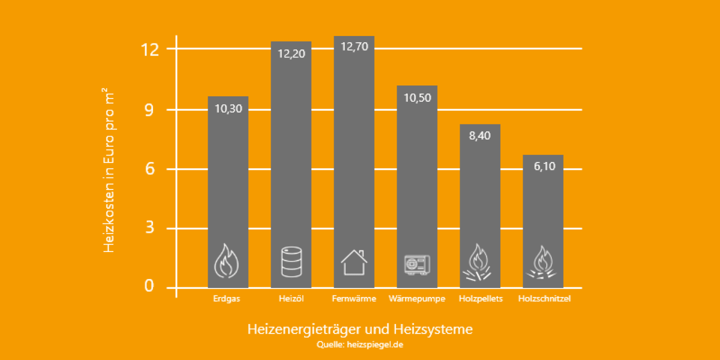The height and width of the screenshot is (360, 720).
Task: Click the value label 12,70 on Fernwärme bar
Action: tap(354, 47)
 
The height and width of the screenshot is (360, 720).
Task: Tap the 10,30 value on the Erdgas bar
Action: tap(228, 109)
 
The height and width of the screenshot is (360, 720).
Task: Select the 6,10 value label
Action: tap(544, 166)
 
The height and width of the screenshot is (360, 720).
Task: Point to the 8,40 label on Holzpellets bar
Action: tap(480, 136)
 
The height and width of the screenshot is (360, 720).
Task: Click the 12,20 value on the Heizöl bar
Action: tap(291, 54)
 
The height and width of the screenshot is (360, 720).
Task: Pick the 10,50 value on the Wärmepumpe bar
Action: tap(417, 98)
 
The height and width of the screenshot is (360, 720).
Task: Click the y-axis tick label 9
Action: tap(149, 110)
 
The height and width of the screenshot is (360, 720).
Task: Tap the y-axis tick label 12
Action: tap(150, 50)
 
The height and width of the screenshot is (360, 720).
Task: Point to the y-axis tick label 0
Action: tap(149, 286)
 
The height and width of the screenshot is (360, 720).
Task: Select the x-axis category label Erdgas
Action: tap(227, 299)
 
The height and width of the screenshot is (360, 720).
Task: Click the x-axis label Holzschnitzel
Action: tap(544, 299)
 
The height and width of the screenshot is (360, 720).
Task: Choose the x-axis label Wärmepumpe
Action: tap(417, 299)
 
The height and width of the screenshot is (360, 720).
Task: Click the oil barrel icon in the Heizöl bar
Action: tap(291, 262)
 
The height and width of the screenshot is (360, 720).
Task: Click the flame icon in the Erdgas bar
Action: tap(226, 261)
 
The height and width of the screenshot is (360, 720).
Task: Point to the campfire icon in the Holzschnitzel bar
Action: tap(542, 263)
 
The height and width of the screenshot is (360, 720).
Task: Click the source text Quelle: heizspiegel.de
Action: tap(360, 345)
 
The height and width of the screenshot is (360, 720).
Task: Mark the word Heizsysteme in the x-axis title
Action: tap(433, 329)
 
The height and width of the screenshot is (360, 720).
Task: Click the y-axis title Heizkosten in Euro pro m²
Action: tap(109, 170)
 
